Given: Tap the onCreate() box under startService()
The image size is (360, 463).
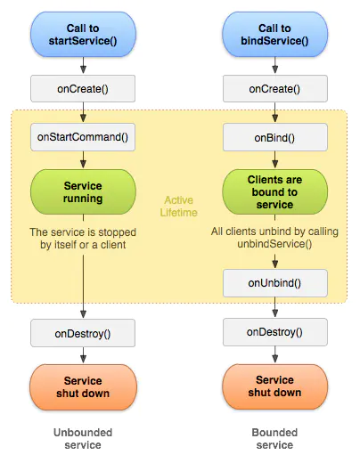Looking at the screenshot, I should pyautogui.click(x=83, y=88).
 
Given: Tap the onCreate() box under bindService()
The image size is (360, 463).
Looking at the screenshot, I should pyautogui.click(x=274, y=88).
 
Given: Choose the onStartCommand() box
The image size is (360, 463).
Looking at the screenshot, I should pyautogui.click(x=83, y=136).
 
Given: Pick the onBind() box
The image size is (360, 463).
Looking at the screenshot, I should pyautogui.click(x=274, y=136).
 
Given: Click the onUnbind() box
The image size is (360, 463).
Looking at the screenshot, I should pyautogui.click(x=274, y=283).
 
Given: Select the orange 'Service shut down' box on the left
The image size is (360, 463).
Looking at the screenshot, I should pyautogui.click(x=83, y=387).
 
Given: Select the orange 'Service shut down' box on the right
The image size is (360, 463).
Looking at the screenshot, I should pyautogui.click(x=274, y=387).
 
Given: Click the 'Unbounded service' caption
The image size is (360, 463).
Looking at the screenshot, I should pyautogui.click(x=83, y=437).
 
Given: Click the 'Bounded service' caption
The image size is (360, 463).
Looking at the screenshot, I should pyautogui.click(x=274, y=437).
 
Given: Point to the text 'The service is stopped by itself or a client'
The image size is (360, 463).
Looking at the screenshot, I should pyautogui.click(x=83, y=238).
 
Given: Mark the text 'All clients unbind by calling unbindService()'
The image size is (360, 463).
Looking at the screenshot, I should pyautogui.click(x=274, y=238).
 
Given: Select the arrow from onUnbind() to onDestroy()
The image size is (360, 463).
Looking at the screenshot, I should pyautogui.click(x=274, y=308).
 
